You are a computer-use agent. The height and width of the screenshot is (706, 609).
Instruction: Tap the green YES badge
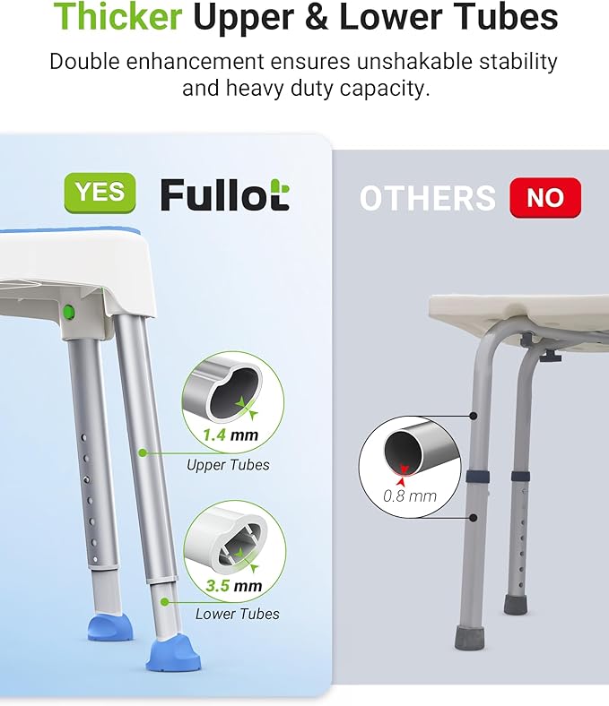coord(100,192)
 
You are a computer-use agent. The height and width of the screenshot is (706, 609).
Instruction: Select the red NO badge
coord(545,197)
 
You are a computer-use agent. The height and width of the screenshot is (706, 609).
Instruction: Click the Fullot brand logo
coord(224,194)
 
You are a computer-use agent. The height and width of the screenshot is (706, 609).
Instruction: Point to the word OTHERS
coord(427,198)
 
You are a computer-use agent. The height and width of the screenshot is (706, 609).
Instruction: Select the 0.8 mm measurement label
coord(410,495)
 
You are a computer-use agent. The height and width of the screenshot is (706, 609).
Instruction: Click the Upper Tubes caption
coord(228,465)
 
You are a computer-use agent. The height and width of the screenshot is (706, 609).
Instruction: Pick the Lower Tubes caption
coord(237,614)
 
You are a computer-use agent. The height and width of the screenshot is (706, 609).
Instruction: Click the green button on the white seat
coord(68,312)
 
